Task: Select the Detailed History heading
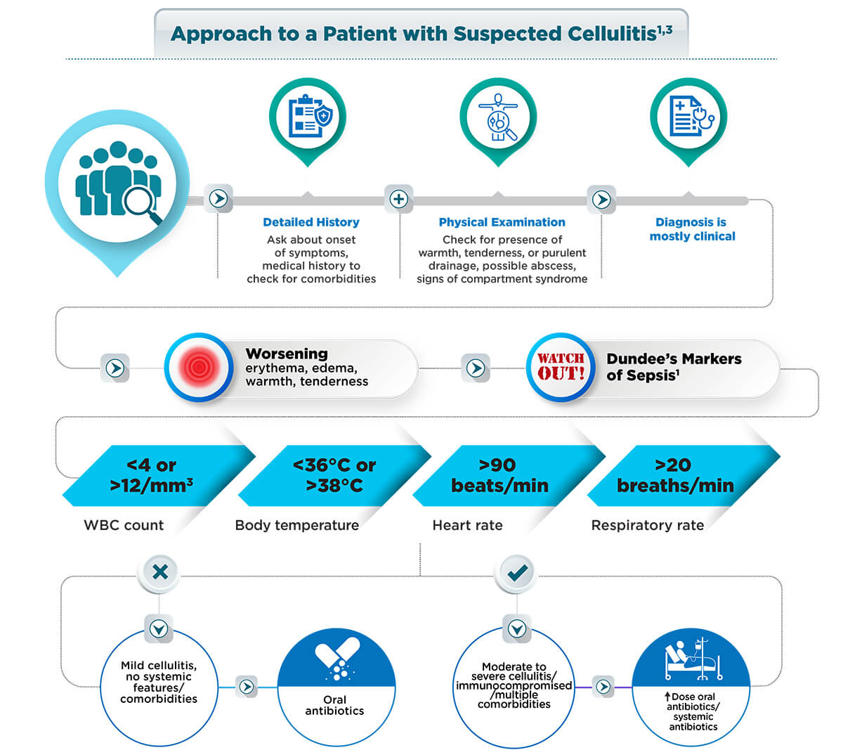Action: pyautogui.click(x=311, y=222)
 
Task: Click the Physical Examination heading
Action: pyautogui.click(x=502, y=222)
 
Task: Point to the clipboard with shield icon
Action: pyautogui.click(x=307, y=117)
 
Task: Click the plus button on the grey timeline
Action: pyautogui.click(x=398, y=199)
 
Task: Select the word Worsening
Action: pyautogui.click(x=287, y=354)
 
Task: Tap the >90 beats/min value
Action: pyautogui.click(x=499, y=475)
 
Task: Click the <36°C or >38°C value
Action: pyautogui.click(x=334, y=475)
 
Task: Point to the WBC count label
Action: pyautogui.click(x=124, y=525)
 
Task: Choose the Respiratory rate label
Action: pyautogui.click(x=647, y=525)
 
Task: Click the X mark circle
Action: pyautogui.click(x=160, y=571)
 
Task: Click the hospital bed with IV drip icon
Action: pyautogui.click(x=693, y=659)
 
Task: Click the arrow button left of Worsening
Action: pyautogui.click(x=115, y=368)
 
